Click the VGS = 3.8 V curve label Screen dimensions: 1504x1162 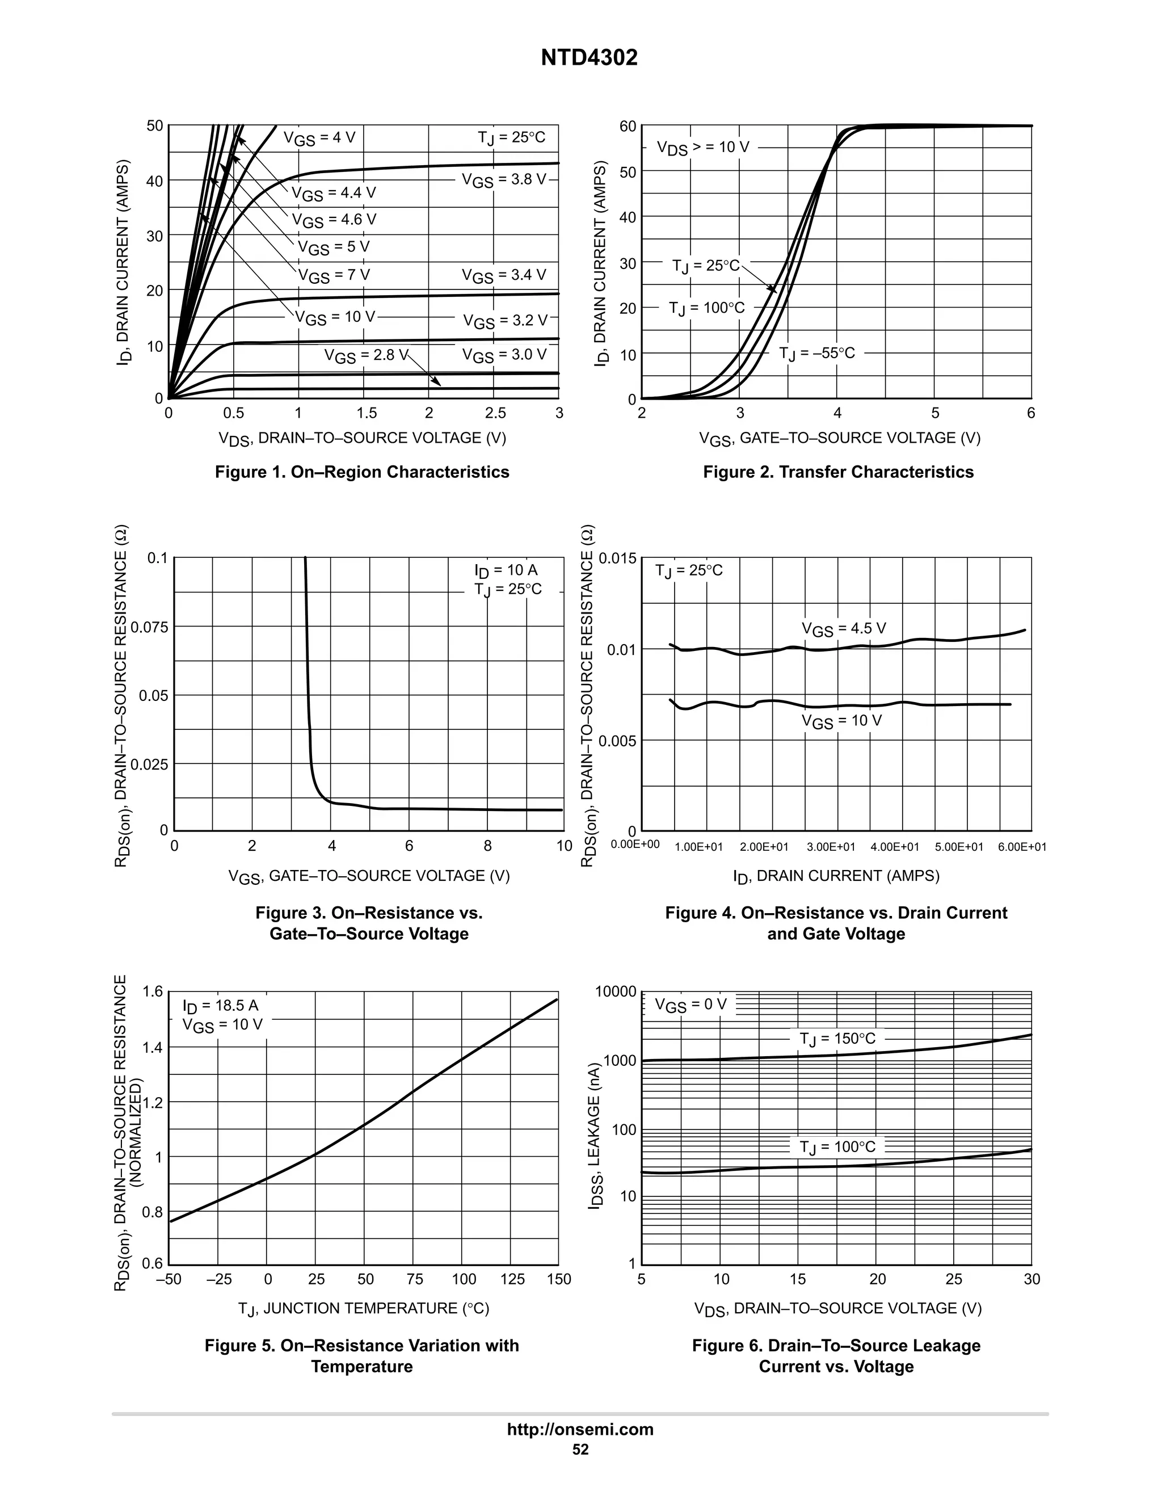pyautogui.click(x=503, y=180)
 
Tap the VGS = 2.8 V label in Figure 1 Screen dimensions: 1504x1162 pyautogui.click(x=365, y=355)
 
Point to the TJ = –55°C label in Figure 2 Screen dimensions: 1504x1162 pyautogui.click(x=816, y=353)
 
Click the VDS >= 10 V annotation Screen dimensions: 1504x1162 pyautogui.click(x=703, y=148)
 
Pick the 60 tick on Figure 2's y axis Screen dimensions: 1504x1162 pyautogui.click(x=627, y=126)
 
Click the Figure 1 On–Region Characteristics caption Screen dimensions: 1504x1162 pyautogui.click(x=362, y=472)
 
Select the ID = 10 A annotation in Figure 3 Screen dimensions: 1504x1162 pyautogui.click(x=506, y=570)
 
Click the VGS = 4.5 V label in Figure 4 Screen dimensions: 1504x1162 pyautogui.click(x=843, y=629)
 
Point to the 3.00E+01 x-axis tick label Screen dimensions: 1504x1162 pyautogui.click(x=831, y=847)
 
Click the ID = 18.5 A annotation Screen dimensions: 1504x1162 pyautogui.click(x=220, y=1006)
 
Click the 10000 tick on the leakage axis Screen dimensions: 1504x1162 pyautogui.click(x=616, y=992)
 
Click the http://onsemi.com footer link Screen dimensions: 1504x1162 pyautogui.click(x=580, y=1430)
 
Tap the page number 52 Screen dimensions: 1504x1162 pyautogui.click(x=580, y=1450)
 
